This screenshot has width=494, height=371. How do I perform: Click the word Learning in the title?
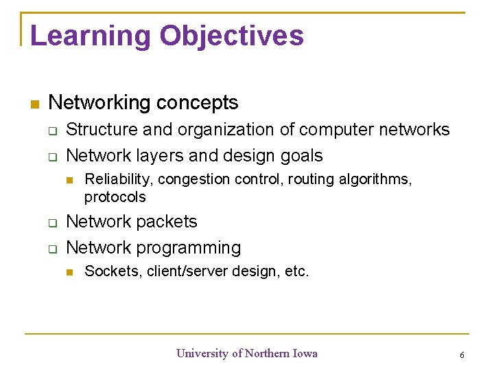click(x=89, y=36)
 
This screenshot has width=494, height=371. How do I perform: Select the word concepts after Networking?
click(x=197, y=103)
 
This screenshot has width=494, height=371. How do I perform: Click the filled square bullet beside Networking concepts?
click(x=35, y=104)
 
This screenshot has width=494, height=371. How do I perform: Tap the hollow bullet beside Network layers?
click(x=52, y=157)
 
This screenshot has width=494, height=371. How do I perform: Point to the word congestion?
click(x=190, y=179)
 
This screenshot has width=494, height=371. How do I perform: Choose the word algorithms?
click(x=376, y=179)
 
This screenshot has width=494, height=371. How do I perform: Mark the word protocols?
click(x=115, y=197)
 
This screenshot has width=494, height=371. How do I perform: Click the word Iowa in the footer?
click(x=305, y=353)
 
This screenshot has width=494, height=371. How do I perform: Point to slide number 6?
click(x=462, y=355)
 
